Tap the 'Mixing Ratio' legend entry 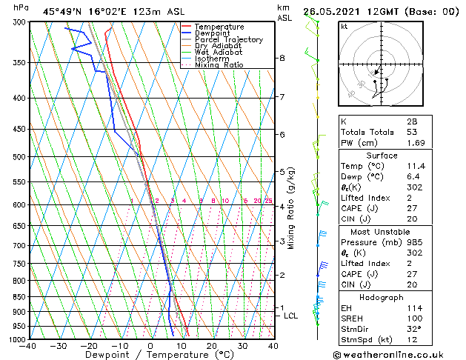pos(219,65)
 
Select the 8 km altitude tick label pos(282,58)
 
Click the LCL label pos(291,316)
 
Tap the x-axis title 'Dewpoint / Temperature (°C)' pos(150,356)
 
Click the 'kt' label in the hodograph pos(344,26)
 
